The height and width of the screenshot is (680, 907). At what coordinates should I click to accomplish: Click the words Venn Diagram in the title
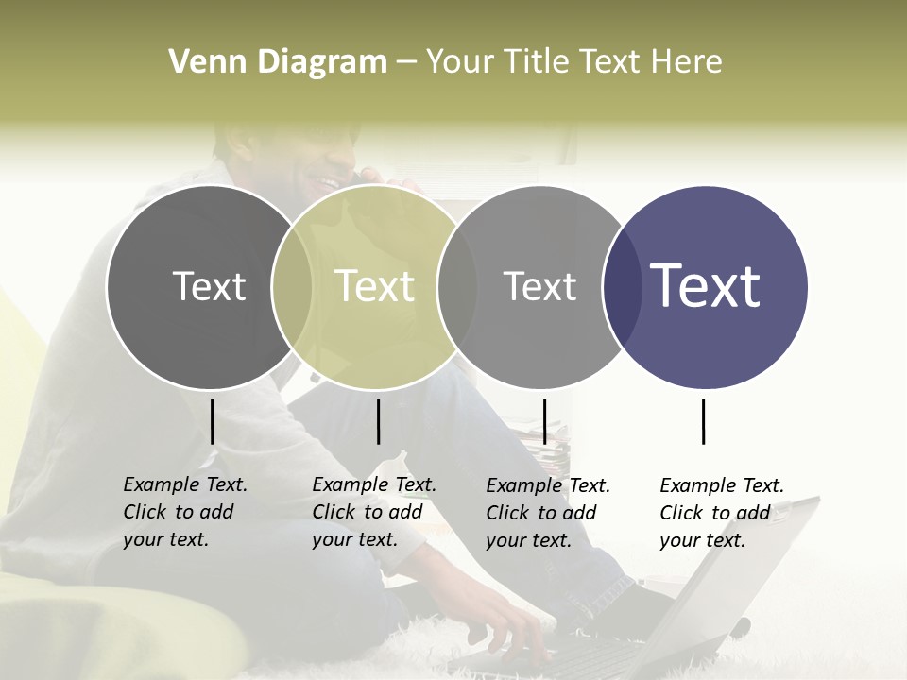277,62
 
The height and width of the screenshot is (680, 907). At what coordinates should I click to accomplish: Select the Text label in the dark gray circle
209,286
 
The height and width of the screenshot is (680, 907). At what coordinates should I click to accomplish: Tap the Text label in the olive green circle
375,286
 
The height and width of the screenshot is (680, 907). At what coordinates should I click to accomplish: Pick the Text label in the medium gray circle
539,286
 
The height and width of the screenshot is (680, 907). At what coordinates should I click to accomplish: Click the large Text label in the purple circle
706,285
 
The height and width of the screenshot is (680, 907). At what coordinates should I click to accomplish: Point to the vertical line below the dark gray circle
212,421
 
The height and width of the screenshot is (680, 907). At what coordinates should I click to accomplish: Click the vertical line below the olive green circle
378,421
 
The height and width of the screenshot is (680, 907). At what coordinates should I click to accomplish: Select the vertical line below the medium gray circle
544,421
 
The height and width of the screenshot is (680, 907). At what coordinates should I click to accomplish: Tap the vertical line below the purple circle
703,421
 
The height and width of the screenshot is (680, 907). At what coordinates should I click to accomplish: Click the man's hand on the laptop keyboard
515,627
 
